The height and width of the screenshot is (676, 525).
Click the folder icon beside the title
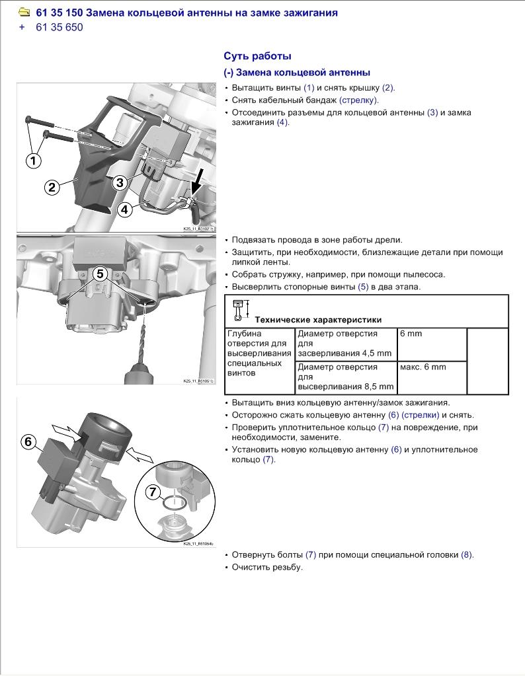tap(24, 13)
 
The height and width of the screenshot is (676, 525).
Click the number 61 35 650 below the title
tap(60, 28)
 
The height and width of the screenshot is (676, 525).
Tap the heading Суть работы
tap(257, 56)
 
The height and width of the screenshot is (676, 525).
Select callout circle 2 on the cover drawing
tap(52, 187)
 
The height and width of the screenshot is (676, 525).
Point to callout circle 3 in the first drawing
tap(120, 182)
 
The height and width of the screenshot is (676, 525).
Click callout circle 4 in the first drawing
tap(125, 209)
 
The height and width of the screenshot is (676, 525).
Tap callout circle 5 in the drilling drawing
tap(100, 273)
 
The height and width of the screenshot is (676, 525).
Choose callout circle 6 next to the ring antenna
tap(28, 442)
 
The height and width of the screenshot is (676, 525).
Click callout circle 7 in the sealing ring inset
tap(152, 492)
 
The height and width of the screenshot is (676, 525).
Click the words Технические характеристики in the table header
tap(318, 320)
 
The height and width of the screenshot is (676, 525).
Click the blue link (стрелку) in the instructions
tap(358, 100)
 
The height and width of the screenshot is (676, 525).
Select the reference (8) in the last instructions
tap(467, 555)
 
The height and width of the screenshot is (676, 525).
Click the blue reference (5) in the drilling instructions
tap(363, 287)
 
